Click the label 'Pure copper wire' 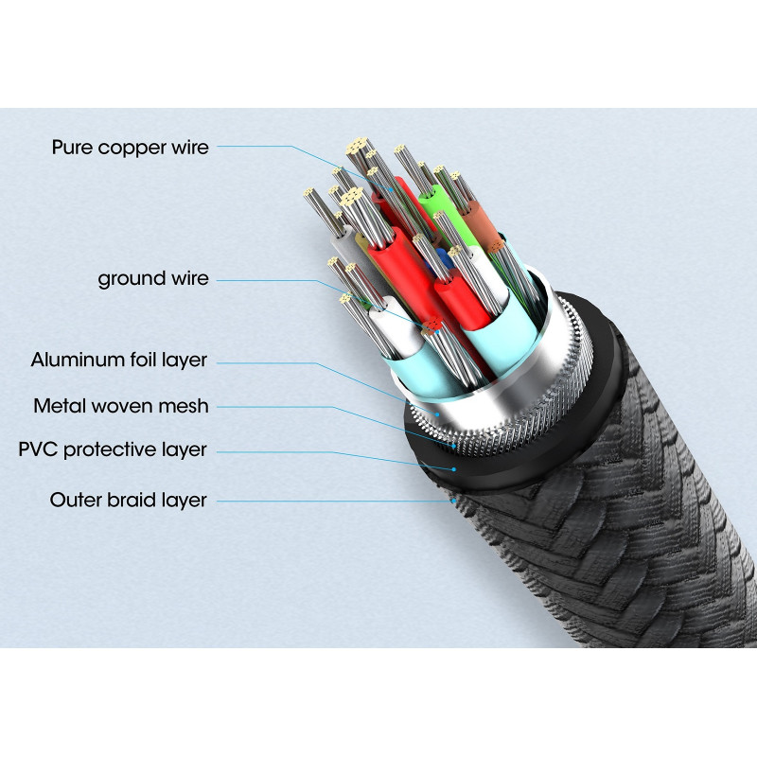[x=131, y=147]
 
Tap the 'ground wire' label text [x=152, y=279]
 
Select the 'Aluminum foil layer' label [x=118, y=360]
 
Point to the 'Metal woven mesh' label [x=121, y=406]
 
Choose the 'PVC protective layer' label [x=113, y=449]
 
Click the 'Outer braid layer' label [x=128, y=500]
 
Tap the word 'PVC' [x=38, y=449]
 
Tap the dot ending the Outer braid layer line [x=456, y=500]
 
